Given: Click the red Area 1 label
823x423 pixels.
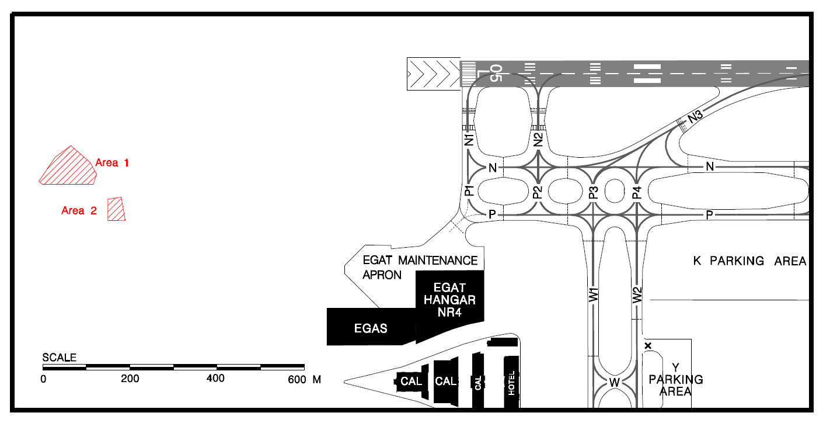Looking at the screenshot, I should tap(111, 163).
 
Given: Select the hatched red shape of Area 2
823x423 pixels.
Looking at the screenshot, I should tap(116, 209).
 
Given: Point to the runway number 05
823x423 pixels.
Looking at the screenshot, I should tap(496, 73).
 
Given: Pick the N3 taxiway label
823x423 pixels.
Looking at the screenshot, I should tap(695, 116).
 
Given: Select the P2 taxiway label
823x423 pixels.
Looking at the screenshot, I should tap(538, 192).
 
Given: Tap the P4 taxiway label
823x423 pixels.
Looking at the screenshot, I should tap(637, 192).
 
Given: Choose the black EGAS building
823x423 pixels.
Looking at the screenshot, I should tap(371, 328).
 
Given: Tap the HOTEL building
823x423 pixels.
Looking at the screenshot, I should tap(512, 383).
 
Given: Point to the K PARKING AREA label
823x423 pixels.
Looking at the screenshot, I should tap(749, 261).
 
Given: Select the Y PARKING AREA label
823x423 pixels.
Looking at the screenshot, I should tap(676, 379).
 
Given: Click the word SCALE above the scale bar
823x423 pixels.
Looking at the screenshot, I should tap(60, 358).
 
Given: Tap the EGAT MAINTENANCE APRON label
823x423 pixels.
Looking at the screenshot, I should tap(420, 267).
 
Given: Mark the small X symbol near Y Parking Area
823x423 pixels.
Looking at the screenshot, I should tap(648, 346).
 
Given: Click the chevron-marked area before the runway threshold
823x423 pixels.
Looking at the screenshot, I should tap(433, 74).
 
